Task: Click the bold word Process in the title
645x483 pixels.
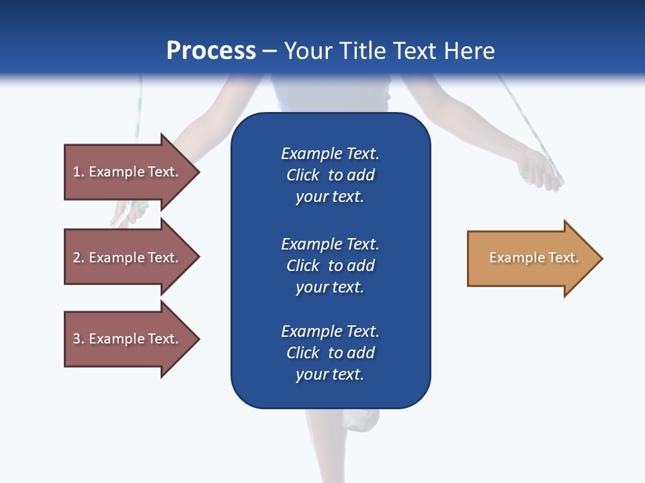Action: (211, 50)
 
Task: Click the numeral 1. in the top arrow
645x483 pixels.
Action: (78, 172)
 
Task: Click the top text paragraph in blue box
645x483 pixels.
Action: (330, 175)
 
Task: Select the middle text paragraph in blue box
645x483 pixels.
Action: (330, 265)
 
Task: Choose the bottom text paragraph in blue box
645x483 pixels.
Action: (330, 353)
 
